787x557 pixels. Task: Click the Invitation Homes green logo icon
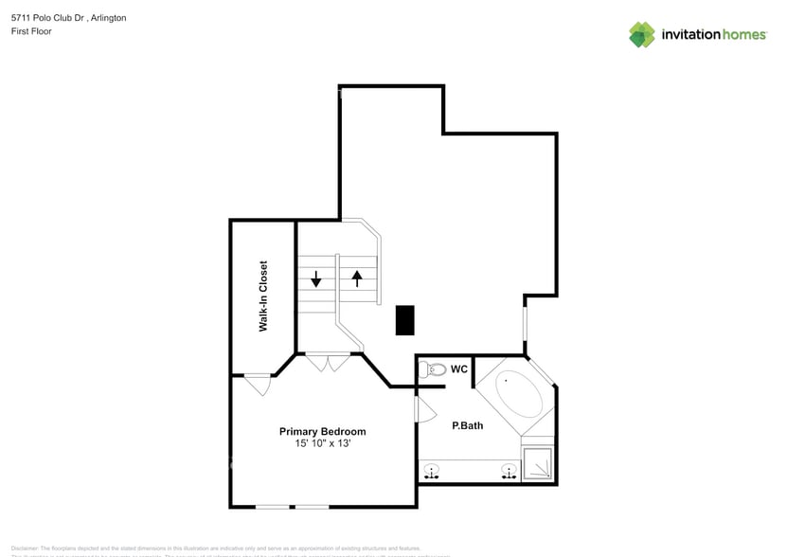coord(642,34)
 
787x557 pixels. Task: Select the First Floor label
coord(31,31)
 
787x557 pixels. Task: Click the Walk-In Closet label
coord(263,296)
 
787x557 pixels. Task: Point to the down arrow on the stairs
coord(316,278)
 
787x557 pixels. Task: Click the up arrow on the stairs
coord(357,278)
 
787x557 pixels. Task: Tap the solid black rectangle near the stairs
coord(404,319)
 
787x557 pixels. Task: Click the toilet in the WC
coord(435,369)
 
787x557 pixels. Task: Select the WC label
coord(459,368)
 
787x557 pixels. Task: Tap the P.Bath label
coord(467,425)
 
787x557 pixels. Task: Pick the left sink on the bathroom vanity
coord(433,471)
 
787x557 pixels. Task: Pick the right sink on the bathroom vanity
coord(509,471)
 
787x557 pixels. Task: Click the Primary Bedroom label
coord(322,431)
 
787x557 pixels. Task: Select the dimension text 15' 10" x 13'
coord(322,444)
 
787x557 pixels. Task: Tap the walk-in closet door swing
coord(259,386)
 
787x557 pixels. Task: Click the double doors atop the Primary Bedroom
coord(328,362)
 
